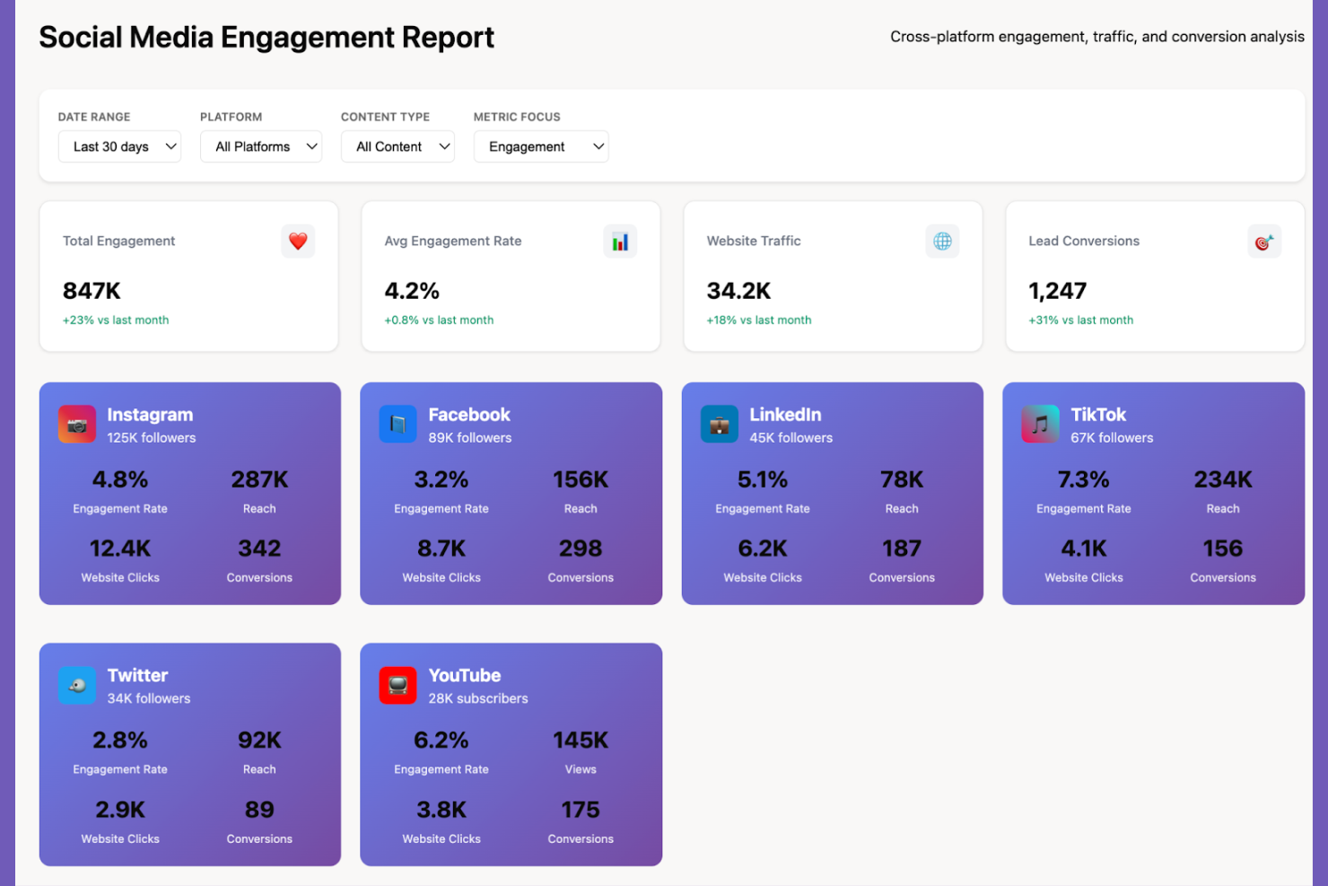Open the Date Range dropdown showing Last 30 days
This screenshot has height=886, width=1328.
119,146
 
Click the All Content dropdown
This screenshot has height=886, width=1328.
398,146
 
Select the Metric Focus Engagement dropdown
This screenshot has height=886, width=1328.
541,146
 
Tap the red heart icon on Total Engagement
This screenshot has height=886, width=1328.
298,241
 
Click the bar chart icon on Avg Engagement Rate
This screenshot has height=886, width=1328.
620,241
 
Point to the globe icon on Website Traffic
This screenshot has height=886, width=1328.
942,241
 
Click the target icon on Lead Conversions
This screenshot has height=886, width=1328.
1264,241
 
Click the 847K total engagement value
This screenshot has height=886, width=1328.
92,291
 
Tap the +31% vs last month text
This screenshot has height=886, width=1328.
1080,320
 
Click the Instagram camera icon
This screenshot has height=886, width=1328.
77,425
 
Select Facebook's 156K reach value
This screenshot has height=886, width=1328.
581,479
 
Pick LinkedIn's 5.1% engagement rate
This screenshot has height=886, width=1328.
762,479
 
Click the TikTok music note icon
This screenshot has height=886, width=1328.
1040,425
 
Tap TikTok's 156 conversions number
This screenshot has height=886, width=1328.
1222,548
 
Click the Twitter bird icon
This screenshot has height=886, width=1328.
77,686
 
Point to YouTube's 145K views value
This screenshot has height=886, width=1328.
581,741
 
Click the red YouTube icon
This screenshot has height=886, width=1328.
398,686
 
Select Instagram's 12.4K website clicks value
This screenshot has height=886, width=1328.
120,548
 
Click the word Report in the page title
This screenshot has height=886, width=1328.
448,37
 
